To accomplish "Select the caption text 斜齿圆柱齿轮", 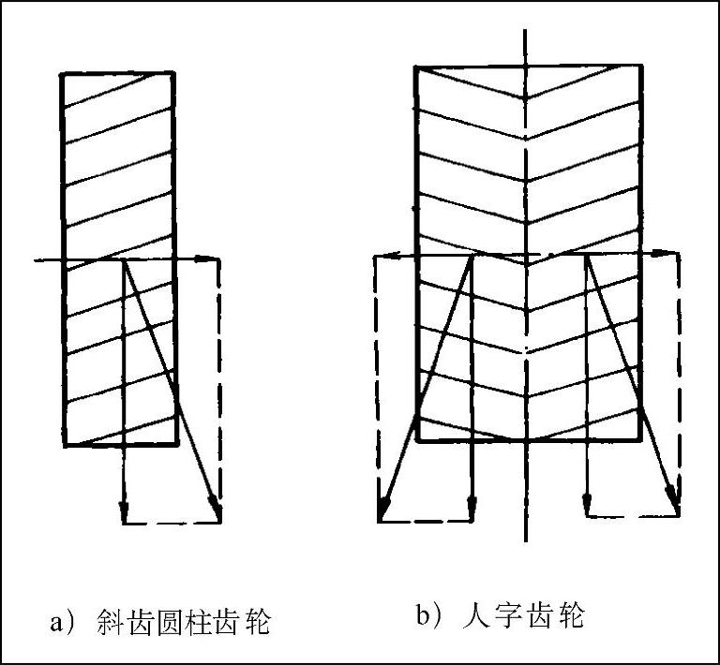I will click(x=183, y=622).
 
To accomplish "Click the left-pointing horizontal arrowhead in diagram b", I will click(x=381, y=254).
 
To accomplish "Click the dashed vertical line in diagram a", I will click(x=219, y=375).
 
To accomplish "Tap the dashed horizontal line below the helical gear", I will click(x=172, y=522).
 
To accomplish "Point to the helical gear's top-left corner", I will click(x=62, y=73).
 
